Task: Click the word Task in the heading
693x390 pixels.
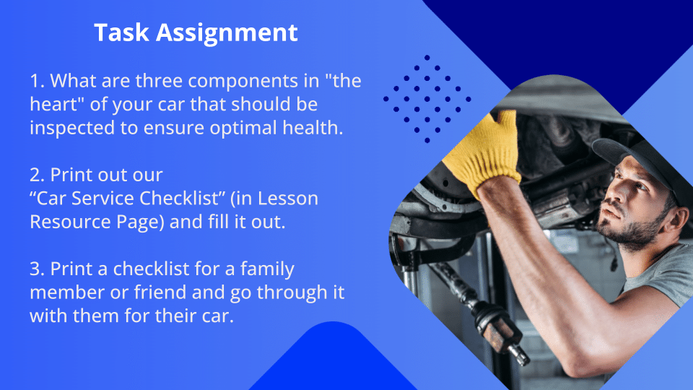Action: coord(121,32)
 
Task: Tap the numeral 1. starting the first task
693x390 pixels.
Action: coord(38,81)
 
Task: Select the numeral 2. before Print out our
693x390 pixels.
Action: coord(38,175)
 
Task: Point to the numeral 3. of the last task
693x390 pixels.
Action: coord(38,269)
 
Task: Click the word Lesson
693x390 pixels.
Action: coord(288,199)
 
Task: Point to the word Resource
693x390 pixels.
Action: coord(71,222)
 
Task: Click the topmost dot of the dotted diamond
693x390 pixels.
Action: coord(427,58)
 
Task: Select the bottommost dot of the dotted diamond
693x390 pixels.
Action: coord(427,140)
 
